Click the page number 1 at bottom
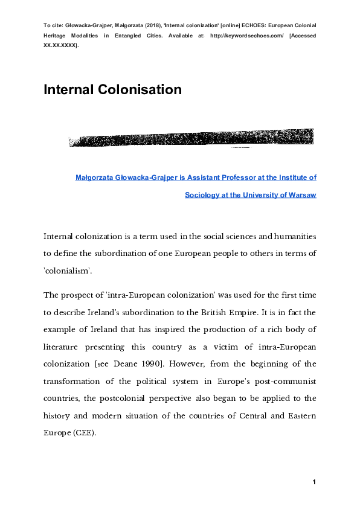pos(314,481)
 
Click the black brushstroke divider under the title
pos(191,139)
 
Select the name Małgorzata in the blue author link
pos(96,178)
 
